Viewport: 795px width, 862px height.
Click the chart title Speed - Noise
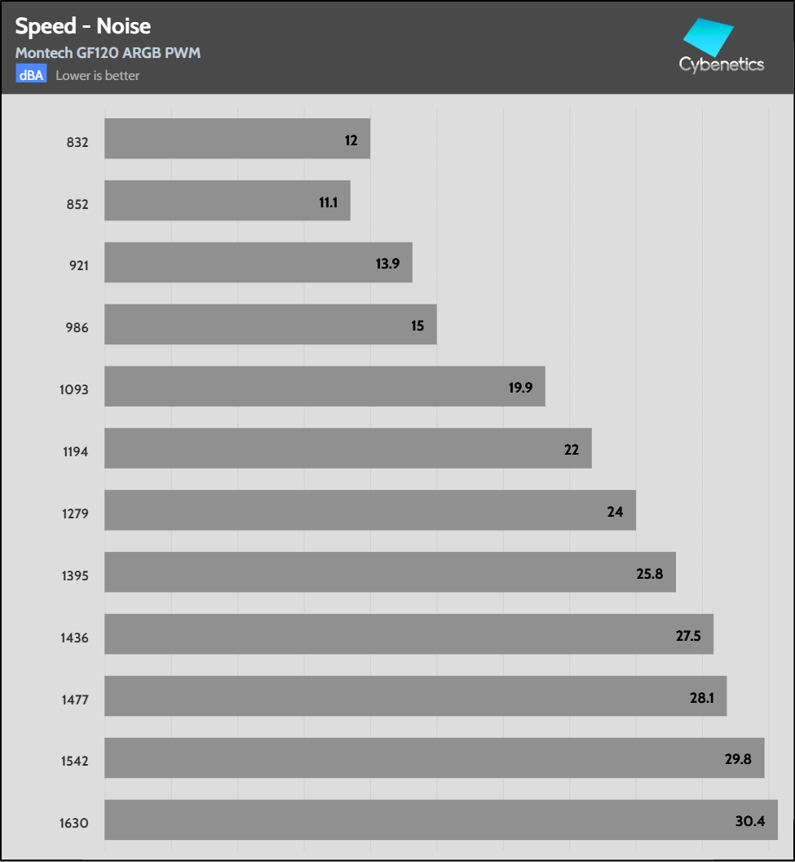tap(82, 26)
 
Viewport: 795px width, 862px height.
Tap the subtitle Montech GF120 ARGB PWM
tap(108, 53)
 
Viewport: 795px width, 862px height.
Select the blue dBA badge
tap(32, 75)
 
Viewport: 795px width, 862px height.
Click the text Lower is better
tap(98, 75)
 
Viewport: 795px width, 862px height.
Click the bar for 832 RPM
tap(236, 140)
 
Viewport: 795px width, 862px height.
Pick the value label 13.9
tap(386, 264)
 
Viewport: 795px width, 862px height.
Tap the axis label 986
tap(76, 327)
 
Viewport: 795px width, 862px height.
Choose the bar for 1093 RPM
tap(325, 387)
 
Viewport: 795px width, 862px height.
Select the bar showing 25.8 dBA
tap(390, 573)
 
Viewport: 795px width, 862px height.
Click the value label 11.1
tap(328, 202)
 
